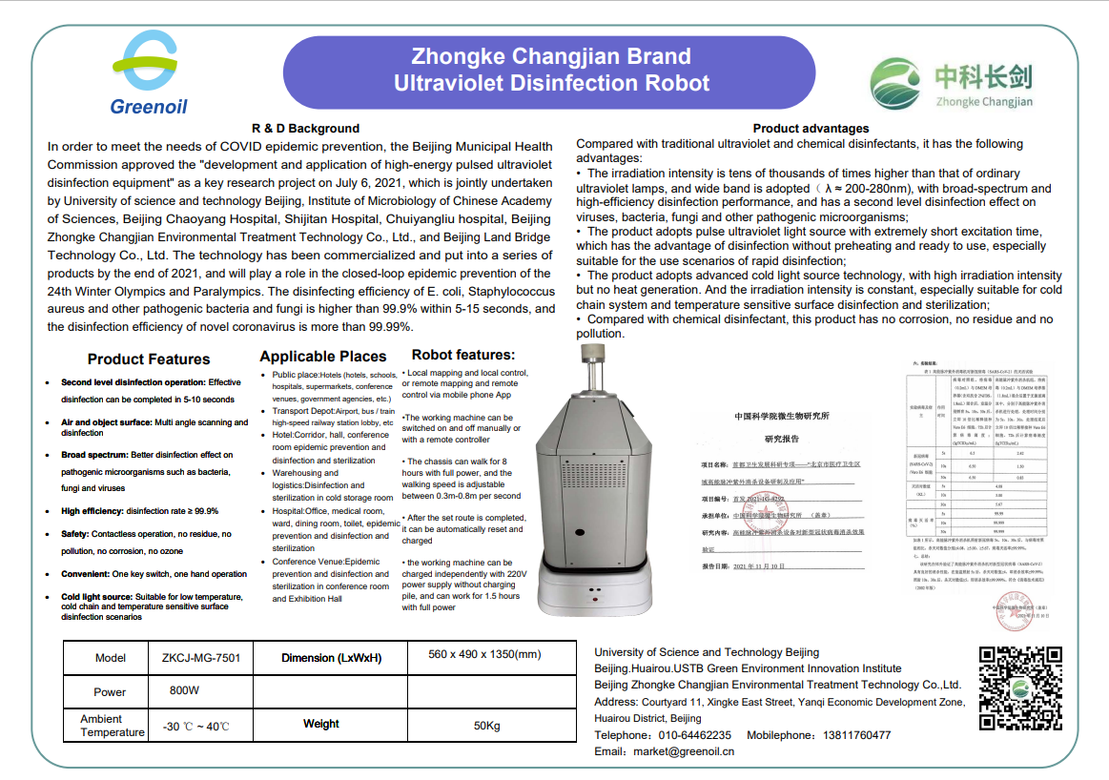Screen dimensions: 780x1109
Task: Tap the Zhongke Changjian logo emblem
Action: [x=895, y=84]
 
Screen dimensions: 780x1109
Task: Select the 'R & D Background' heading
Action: [x=305, y=128]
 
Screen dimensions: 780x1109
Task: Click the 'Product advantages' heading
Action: [x=811, y=128]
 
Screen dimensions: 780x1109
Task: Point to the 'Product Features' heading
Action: [x=149, y=359]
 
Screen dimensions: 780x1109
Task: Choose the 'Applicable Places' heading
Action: [x=322, y=357]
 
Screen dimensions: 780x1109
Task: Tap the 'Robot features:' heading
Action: [x=463, y=355]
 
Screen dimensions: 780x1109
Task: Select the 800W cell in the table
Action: [x=184, y=690]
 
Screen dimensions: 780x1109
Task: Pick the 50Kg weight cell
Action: [x=486, y=725]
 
